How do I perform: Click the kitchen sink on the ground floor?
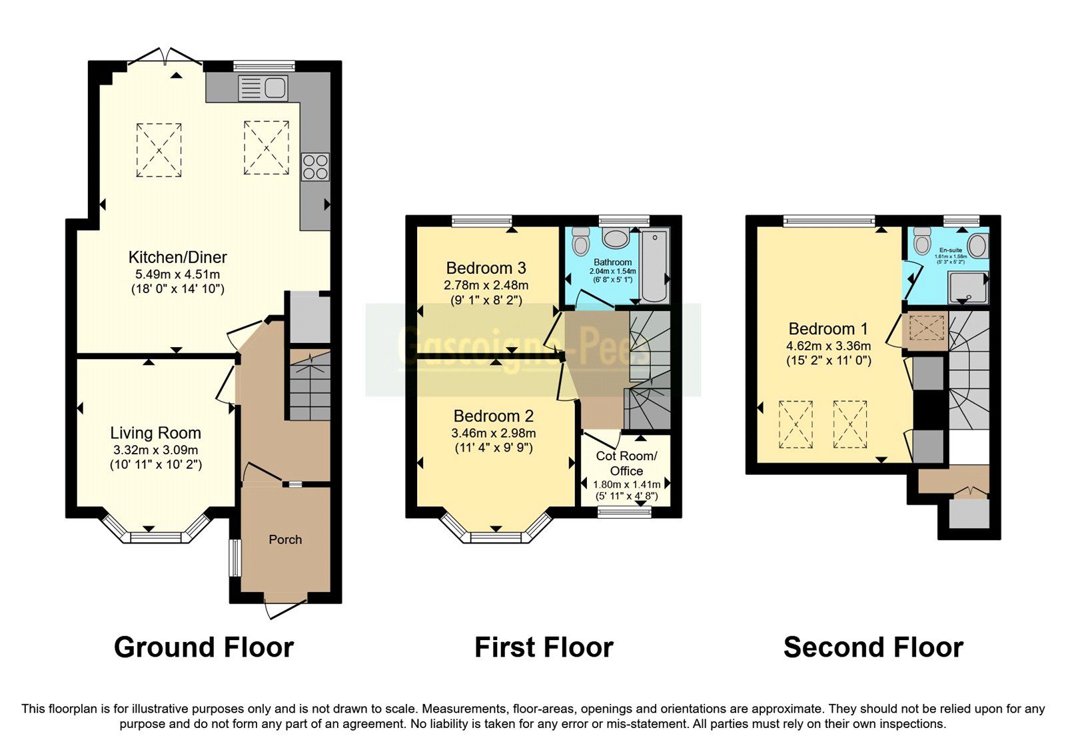pos(263,88)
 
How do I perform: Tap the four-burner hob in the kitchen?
pos(315,167)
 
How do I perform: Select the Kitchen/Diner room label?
pos(177,257)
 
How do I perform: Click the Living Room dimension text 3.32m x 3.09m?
pos(155,450)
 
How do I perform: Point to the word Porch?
pos(285,540)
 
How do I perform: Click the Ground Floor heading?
pos(203,647)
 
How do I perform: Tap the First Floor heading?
pos(544,647)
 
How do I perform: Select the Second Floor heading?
pos(873,647)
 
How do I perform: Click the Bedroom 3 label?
pos(486,268)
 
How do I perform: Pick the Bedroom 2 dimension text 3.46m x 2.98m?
pos(493,433)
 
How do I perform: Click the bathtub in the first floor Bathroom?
pos(654,265)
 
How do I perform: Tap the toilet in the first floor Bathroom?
pos(580,241)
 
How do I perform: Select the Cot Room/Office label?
pos(626,463)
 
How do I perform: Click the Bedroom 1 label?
pos(828,328)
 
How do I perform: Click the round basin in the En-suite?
pos(977,246)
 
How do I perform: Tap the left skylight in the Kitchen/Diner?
pos(159,149)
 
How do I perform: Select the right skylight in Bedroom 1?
pos(849,424)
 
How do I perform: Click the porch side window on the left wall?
pos(235,558)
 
